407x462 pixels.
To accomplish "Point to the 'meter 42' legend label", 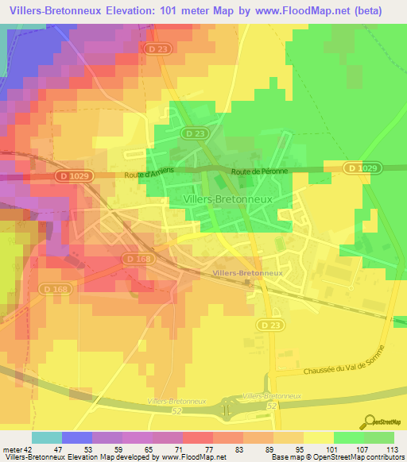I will point(17,449).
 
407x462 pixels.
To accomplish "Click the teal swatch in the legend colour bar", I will point(47,437).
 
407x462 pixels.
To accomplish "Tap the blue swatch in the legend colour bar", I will point(77,437).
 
